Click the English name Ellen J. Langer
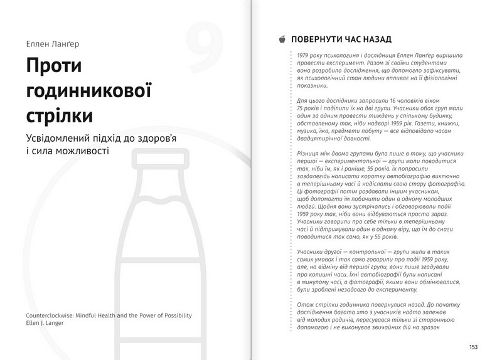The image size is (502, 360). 43,324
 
